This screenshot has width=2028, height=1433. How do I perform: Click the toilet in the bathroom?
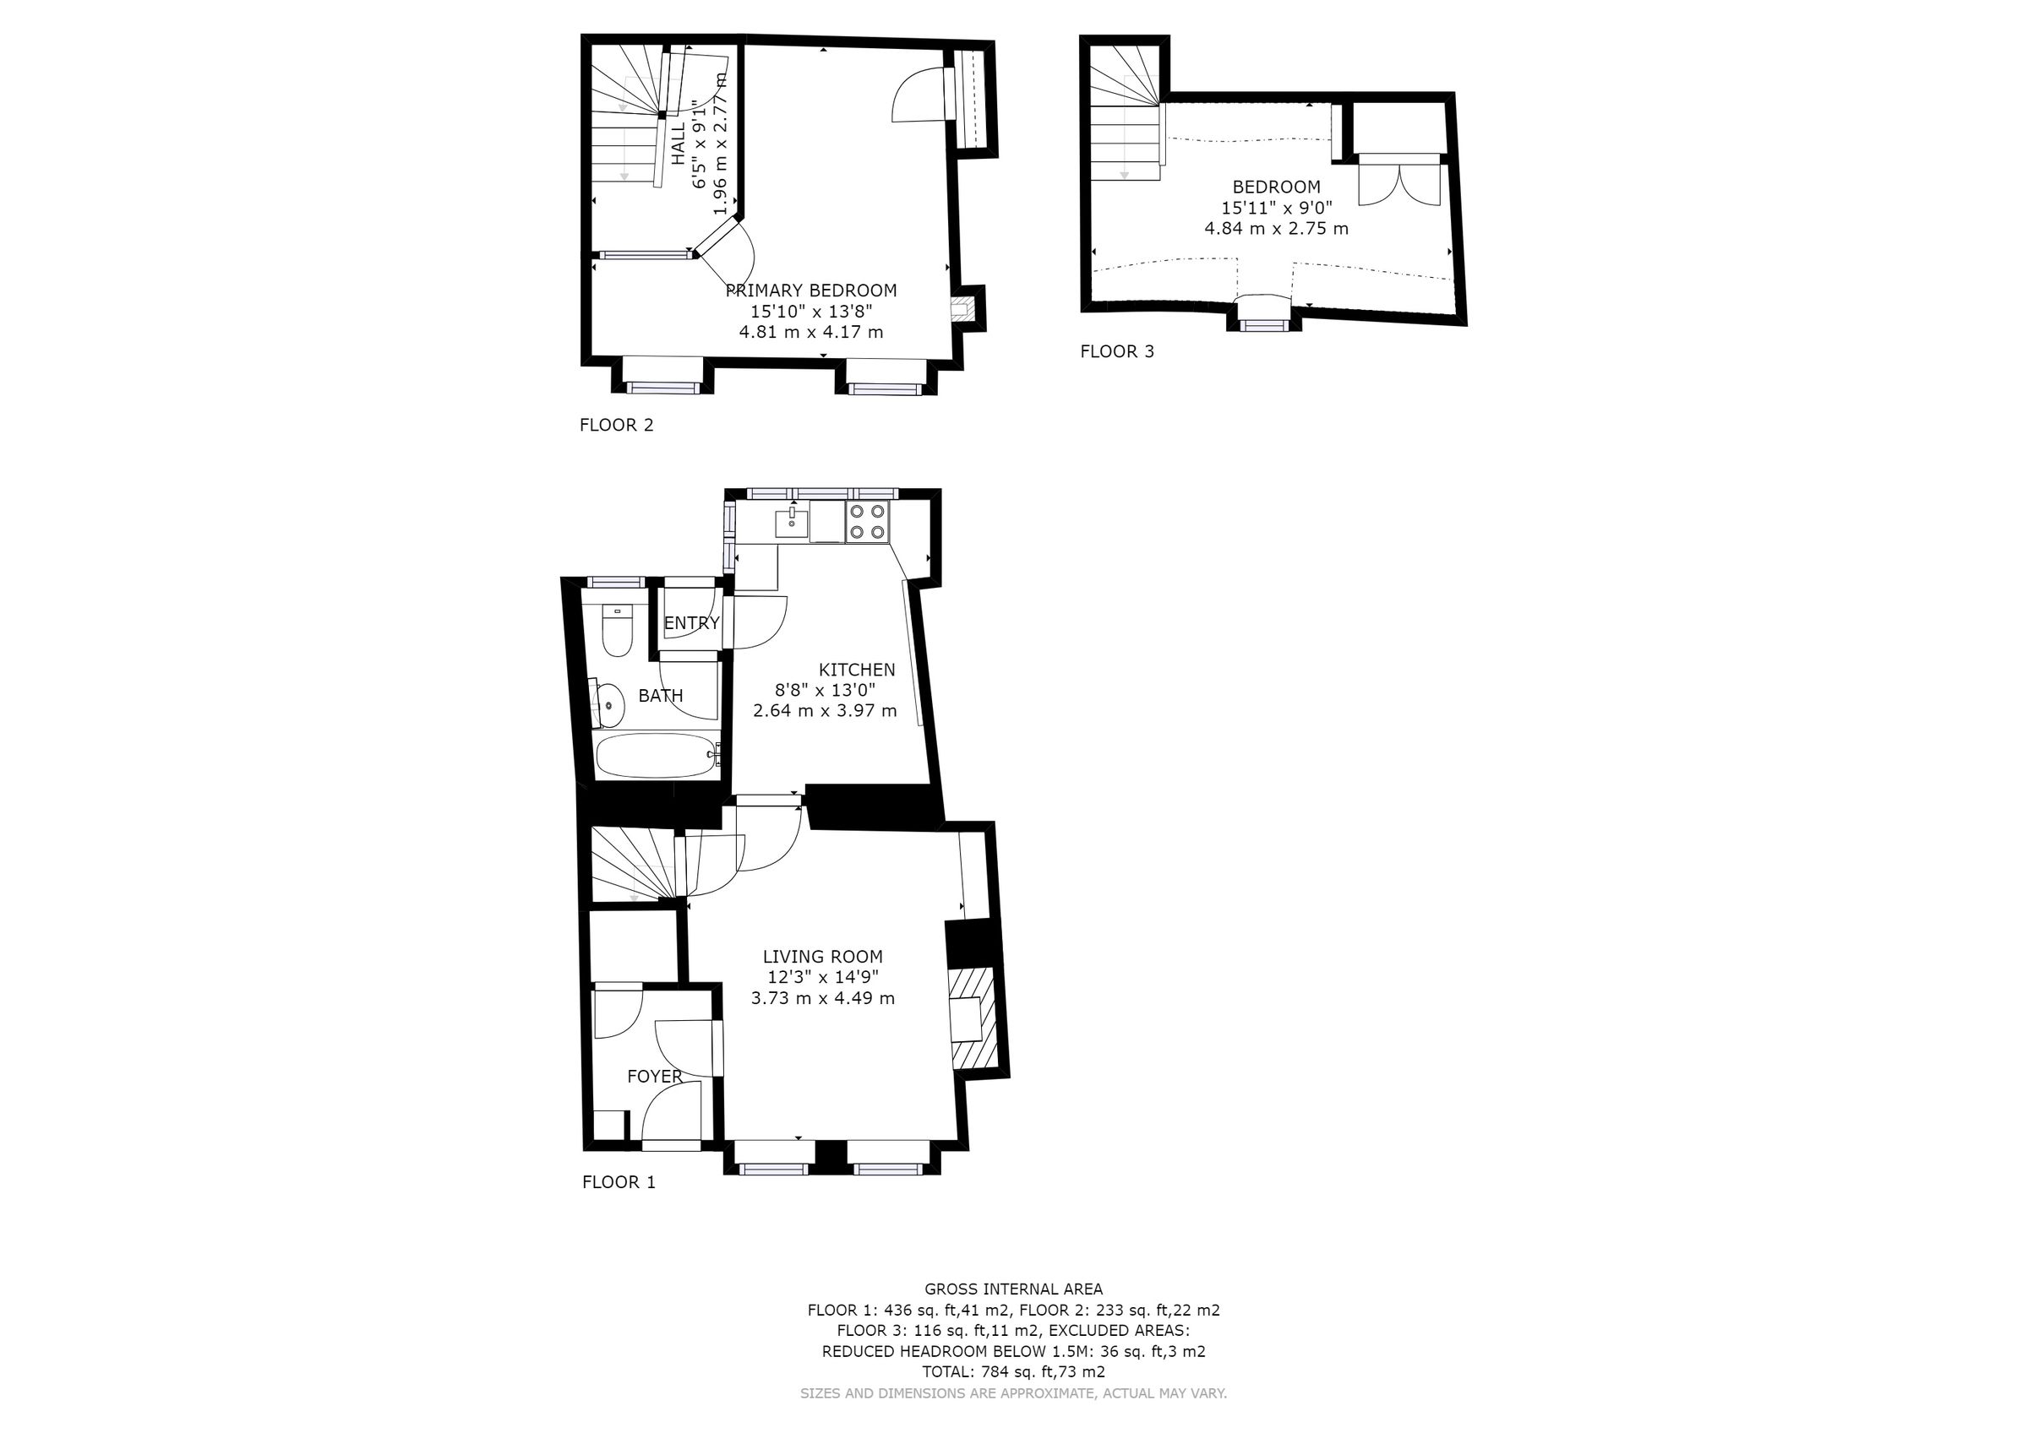click(x=617, y=632)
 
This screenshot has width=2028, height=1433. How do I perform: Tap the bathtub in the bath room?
click(x=657, y=756)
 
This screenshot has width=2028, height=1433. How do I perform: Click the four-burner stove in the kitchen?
click(x=867, y=521)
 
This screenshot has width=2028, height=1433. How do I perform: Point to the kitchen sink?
click(x=793, y=524)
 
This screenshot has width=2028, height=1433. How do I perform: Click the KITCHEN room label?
click(x=856, y=670)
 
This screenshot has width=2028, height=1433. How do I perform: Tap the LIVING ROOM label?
click(x=822, y=956)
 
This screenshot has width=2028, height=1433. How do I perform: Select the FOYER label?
click(x=654, y=1077)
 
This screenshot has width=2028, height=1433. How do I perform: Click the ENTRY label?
click(x=690, y=623)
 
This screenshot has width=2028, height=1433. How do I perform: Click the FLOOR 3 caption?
click(x=1116, y=351)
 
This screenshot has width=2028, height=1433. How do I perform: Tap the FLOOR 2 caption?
click(x=616, y=425)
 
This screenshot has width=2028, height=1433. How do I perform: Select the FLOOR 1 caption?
click(x=619, y=1182)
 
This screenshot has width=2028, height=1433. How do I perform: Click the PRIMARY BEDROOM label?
click(x=811, y=290)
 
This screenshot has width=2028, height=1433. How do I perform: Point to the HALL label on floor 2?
click(x=679, y=144)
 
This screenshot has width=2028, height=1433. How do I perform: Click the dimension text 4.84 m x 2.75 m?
click(x=1275, y=229)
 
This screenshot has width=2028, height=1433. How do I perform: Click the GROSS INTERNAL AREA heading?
click(x=1013, y=1289)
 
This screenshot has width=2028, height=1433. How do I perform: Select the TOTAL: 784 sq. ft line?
click(x=1013, y=1372)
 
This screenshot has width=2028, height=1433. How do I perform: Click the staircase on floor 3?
click(x=1125, y=123)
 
